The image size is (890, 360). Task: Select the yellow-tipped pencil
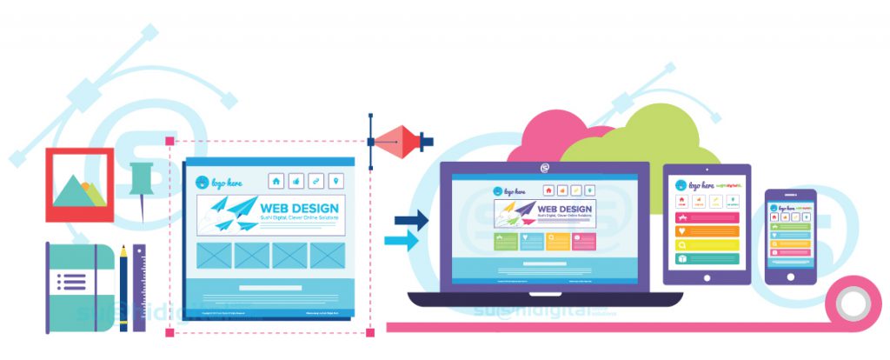[x=123, y=287]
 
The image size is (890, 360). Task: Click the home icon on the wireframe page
[x=276, y=181]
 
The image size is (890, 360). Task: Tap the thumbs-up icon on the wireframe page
[x=296, y=181]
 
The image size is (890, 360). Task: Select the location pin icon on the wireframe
[x=336, y=181]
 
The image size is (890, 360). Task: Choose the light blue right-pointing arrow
[x=402, y=241]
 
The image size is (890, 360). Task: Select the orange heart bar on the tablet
[x=707, y=231]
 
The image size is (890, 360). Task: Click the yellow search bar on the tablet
[x=707, y=245]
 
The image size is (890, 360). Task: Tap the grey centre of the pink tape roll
[x=853, y=303]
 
